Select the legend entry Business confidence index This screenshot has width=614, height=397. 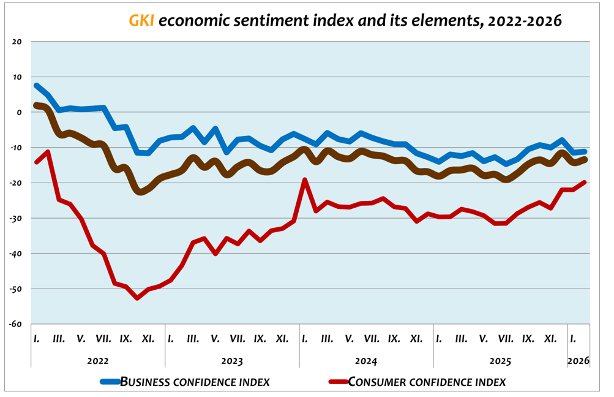click(195, 382)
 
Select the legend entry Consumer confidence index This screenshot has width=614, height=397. click(427, 382)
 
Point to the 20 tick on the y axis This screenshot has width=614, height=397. click(17, 42)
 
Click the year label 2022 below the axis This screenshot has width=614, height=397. click(98, 361)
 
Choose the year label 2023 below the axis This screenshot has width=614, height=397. click(232, 361)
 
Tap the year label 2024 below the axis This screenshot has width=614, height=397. click(366, 361)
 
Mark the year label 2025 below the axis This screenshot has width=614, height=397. click(500, 361)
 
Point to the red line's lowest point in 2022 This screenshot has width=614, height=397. click(137, 298)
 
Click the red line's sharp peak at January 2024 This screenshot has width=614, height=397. click(305, 180)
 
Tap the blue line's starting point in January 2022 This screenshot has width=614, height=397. click(37, 86)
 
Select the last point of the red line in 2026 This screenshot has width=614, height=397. click(585, 182)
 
